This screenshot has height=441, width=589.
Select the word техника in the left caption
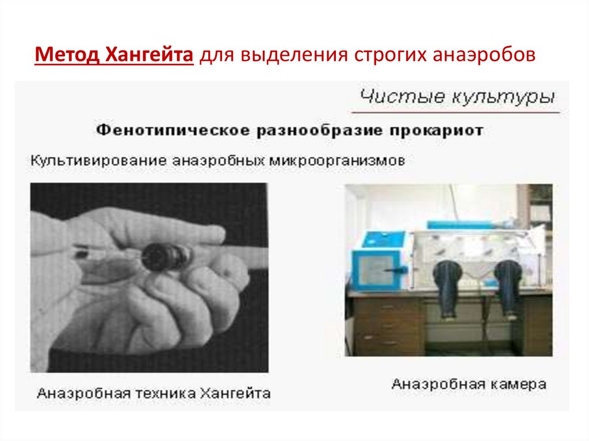[x=162, y=394]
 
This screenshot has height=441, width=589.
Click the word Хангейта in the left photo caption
[x=235, y=394]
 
